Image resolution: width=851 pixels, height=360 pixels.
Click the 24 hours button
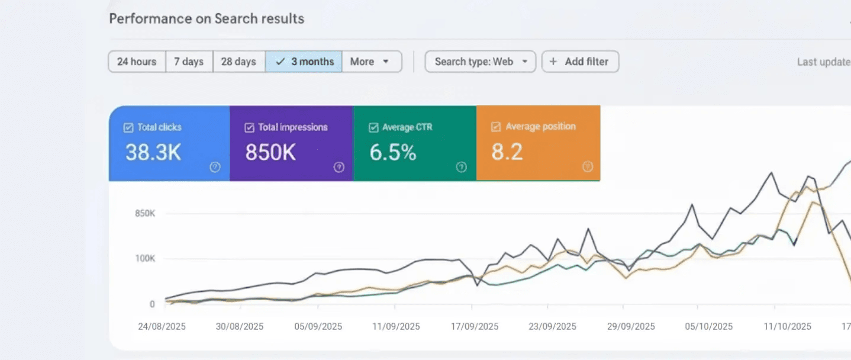click(137, 62)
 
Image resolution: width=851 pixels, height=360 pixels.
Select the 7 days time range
click(189, 62)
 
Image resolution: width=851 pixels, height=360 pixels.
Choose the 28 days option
click(238, 62)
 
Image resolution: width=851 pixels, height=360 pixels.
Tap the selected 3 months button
click(304, 62)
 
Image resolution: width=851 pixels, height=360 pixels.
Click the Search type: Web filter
click(480, 62)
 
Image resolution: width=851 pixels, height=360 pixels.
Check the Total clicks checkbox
click(128, 127)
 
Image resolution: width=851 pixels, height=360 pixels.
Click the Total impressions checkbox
click(249, 127)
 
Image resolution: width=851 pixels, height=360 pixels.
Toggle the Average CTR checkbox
click(373, 127)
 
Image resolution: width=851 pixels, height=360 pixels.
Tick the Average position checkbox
click(496, 127)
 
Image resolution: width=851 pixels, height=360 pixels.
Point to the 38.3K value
click(153, 152)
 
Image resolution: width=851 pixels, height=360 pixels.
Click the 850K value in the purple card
click(270, 152)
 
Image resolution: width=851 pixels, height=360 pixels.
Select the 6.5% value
click(393, 152)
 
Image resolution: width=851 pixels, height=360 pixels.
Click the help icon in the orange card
click(587, 167)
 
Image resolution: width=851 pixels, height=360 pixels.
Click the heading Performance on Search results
click(207, 18)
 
